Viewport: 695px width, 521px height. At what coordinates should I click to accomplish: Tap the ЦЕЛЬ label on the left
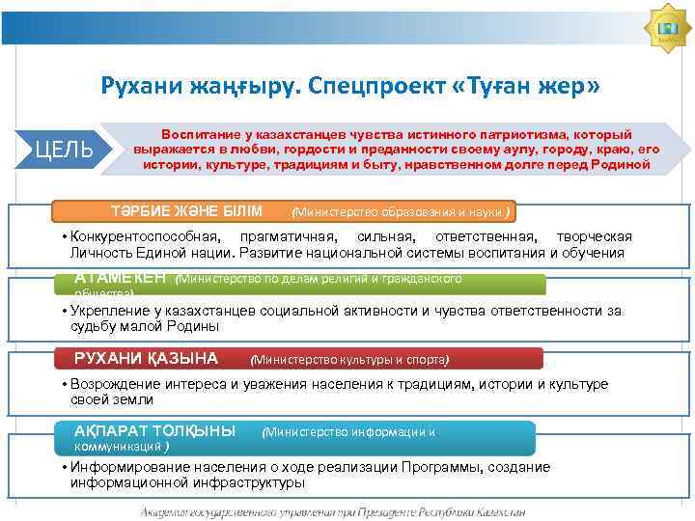click(64, 150)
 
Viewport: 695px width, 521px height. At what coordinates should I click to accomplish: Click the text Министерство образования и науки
click(400, 212)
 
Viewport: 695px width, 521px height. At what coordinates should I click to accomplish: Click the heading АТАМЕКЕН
click(121, 279)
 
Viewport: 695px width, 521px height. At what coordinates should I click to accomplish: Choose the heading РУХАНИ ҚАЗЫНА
click(146, 359)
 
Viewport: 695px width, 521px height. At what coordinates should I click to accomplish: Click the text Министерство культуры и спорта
click(349, 360)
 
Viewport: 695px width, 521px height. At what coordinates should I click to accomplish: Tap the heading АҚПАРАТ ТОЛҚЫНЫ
click(154, 431)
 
